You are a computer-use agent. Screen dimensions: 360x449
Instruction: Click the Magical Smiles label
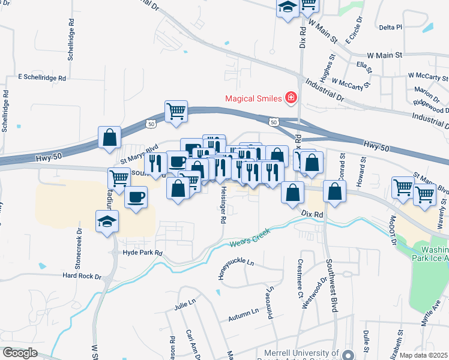(x=255, y=98)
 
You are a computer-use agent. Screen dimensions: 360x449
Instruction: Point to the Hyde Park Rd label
(x=142, y=253)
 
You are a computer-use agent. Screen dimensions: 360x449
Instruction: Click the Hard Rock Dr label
(x=82, y=276)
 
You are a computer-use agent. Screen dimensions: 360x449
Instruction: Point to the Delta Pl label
(x=390, y=27)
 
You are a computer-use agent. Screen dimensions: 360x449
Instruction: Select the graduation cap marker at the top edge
(x=288, y=7)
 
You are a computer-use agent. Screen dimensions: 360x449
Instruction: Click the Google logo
(x=20, y=353)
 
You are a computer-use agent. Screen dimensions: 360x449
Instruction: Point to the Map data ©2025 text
(x=423, y=355)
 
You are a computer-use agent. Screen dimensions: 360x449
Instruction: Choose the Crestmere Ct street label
(x=300, y=278)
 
